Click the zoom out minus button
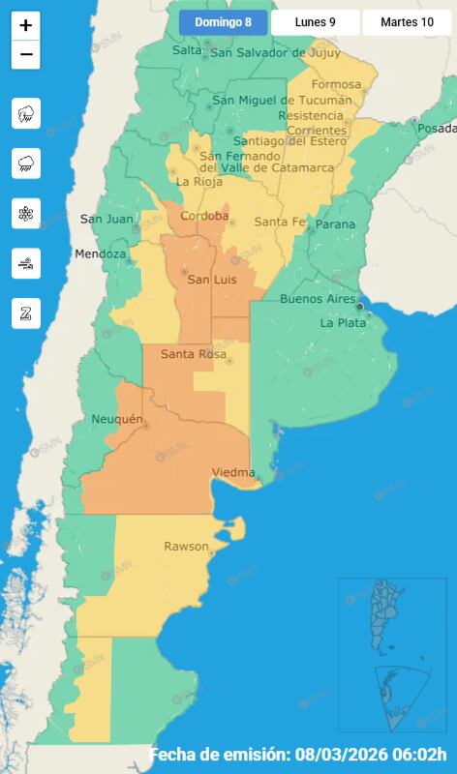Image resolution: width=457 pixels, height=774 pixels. click(x=25, y=55)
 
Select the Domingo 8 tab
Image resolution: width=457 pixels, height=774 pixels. click(x=223, y=22)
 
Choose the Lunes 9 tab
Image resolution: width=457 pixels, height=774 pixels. click(x=315, y=22)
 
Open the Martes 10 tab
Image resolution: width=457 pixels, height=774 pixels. click(x=407, y=22)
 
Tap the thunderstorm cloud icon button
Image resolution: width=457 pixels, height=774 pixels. click(x=25, y=113)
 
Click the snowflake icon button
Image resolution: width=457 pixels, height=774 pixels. click(x=25, y=213)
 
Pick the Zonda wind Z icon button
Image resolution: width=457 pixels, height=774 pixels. click(x=25, y=313)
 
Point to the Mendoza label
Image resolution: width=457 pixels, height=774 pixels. click(x=101, y=254)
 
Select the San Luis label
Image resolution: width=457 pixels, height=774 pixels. click(x=212, y=280)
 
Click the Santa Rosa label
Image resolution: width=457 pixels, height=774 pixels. click(x=193, y=354)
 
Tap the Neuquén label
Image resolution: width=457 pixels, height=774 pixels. click(x=116, y=419)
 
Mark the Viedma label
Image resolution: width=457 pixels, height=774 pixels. click(x=232, y=472)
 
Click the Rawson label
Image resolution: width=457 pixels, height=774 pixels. click(x=186, y=547)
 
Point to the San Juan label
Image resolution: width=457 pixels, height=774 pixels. click(x=106, y=219)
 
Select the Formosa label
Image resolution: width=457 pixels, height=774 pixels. click(x=336, y=84)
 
